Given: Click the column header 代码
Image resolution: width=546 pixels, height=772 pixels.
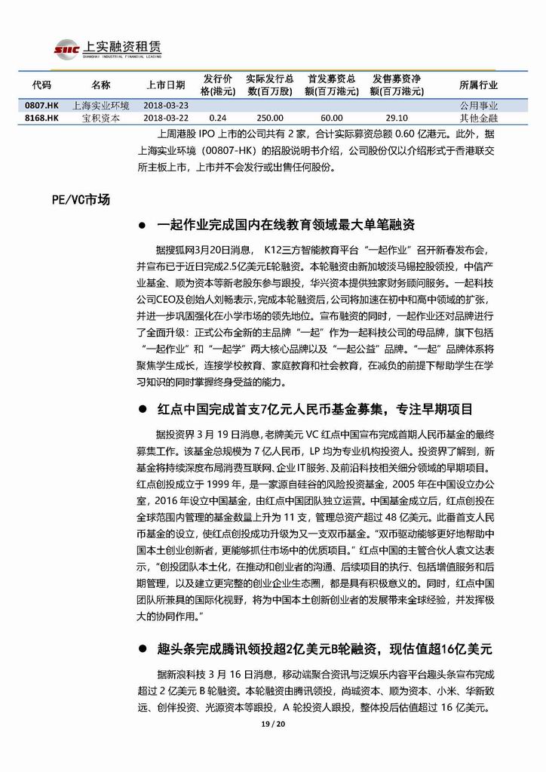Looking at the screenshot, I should point(42,85).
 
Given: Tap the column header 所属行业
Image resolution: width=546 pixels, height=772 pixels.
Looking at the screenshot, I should point(478,85).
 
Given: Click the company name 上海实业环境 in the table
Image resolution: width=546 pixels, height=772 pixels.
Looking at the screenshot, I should point(100,106).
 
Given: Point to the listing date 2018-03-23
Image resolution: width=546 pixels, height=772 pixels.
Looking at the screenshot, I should point(166,106).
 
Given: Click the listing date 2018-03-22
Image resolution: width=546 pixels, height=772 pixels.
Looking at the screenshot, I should point(166,118).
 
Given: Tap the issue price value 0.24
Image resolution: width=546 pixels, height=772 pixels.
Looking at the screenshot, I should point(218,118).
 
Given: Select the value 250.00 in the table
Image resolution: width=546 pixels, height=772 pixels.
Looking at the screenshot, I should point(269,118).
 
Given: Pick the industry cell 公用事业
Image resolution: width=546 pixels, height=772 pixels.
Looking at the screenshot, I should point(478,106).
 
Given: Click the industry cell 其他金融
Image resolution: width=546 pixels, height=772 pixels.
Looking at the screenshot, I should point(478,118).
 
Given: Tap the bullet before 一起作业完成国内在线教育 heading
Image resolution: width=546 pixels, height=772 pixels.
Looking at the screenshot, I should point(143,226).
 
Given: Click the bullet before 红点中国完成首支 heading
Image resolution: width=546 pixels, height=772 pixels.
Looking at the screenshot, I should point(143,410).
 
